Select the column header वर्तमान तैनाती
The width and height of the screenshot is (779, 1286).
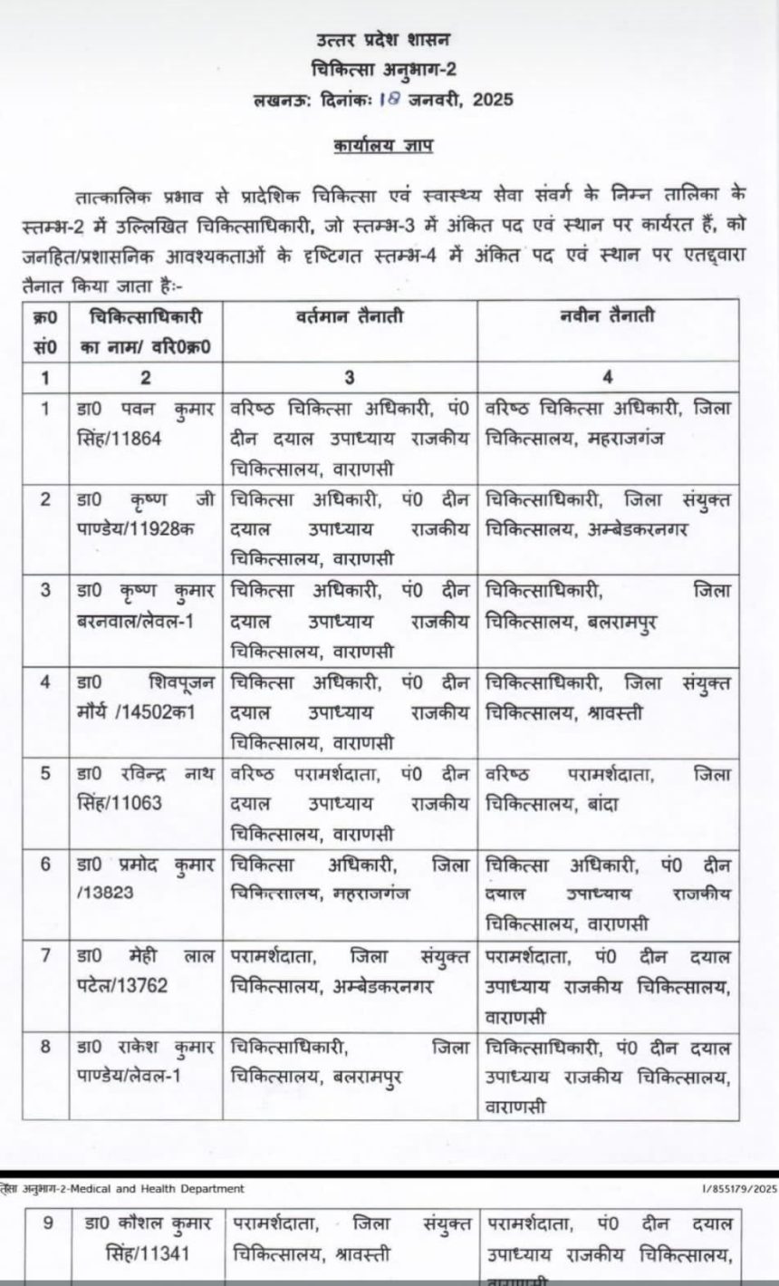(348, 318)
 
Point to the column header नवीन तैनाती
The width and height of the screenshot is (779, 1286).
(609, 316)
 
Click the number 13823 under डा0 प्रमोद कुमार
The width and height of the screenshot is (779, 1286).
(107, 892)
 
